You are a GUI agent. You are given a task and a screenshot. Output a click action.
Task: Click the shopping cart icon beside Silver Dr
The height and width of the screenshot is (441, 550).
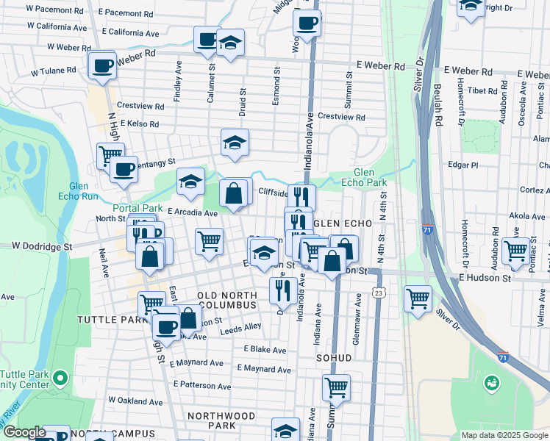418,298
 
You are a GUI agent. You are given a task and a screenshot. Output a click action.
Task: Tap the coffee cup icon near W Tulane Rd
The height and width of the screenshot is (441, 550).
101,65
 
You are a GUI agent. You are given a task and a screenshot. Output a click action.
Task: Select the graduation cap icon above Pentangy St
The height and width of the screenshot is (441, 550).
235,143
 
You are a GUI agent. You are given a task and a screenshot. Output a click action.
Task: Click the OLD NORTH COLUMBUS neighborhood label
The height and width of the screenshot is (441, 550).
228,301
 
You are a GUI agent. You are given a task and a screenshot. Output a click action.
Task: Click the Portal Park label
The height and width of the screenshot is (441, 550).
137,208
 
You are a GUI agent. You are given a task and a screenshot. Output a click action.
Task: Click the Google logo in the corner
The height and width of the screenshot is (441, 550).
24,432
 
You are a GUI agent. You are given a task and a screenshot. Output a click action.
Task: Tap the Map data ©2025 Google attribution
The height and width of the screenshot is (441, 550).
504,435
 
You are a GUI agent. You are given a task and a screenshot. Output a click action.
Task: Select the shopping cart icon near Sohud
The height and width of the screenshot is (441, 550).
336,387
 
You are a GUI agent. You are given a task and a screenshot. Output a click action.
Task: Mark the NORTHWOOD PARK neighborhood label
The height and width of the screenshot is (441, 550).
221,420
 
